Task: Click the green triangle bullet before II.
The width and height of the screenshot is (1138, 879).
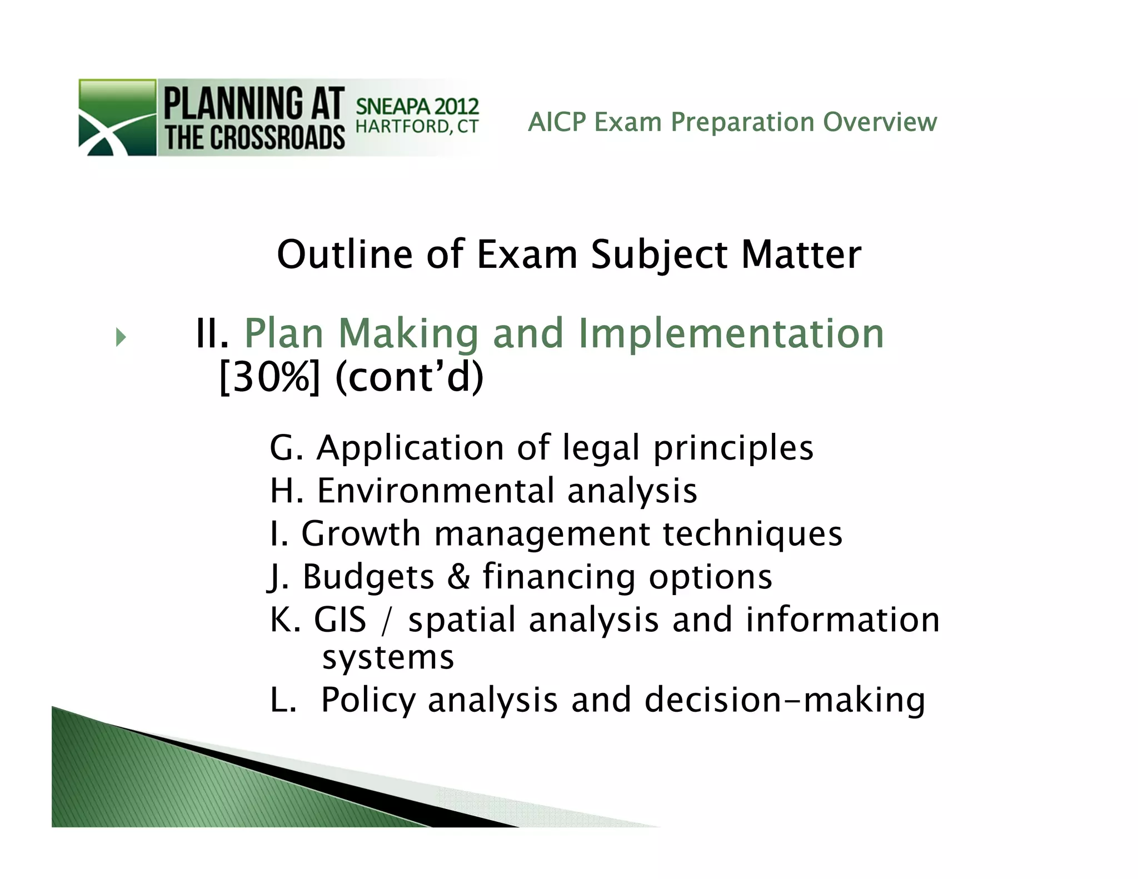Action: [121, 337]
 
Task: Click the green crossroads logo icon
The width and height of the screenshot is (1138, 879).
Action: [117, 118]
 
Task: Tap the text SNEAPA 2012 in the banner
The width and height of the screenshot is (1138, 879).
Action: [417, 106]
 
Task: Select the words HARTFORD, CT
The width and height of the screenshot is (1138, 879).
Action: [417, 127]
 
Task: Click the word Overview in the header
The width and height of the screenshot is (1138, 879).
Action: [880, 122]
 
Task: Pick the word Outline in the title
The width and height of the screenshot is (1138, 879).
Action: [345, 255]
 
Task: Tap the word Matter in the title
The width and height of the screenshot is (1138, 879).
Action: [801, 255]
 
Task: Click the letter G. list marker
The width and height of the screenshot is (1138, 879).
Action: [286, 448]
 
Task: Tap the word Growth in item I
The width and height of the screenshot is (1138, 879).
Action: [361, 534]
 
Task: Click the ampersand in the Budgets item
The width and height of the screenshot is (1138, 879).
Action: [458, 577]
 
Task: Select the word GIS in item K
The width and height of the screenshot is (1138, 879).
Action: [340, 620]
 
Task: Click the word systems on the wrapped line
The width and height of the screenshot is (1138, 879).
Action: [388, 658]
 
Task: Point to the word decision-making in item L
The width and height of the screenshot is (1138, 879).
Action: [785, 700]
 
